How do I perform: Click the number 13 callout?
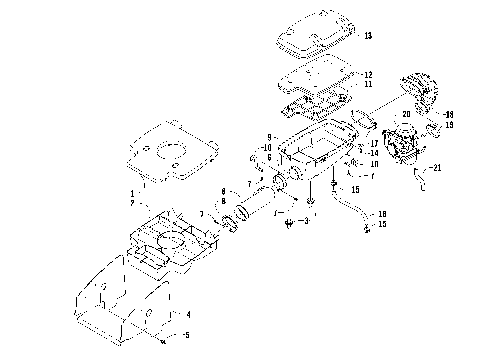coord(368,36)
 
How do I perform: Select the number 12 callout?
coord(368,75)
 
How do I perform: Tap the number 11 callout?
coord(368,85)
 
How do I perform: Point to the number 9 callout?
coord(269,136)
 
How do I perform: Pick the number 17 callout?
coord(373,143)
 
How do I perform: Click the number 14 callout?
coord(373,152)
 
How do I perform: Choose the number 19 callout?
coord(449,125)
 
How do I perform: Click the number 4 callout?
coord(188,314)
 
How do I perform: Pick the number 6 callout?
coord(269,157)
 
